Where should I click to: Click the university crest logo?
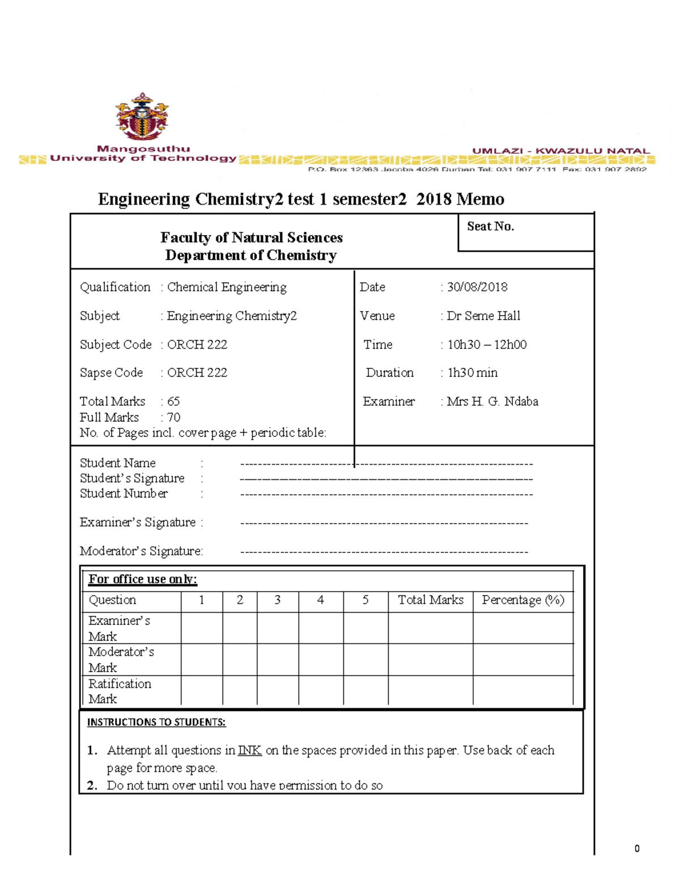point(142,117)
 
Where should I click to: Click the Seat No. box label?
point(490,227)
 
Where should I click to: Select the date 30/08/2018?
point(477,287)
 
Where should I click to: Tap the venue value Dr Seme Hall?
point(483,316)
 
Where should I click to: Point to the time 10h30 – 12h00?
point(487,345)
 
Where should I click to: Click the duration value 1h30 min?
point(473,373)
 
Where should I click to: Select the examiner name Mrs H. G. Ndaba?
point(492,402)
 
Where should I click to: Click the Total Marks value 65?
point(173,402)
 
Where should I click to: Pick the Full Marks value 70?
point(173,418)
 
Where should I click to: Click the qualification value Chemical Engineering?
point(227,287)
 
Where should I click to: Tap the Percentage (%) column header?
point(522,600)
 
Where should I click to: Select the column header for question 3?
point(278,600)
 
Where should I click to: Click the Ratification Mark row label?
point(120,691)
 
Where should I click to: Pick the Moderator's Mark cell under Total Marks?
point(430,660)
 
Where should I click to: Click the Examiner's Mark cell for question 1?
point(201,628)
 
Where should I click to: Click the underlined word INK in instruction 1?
point(249,750)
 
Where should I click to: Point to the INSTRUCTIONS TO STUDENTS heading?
point(156,722)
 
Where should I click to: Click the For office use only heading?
point(142,579)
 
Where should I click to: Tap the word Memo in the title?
point(481,199)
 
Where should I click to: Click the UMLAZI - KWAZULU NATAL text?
point(560,151)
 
